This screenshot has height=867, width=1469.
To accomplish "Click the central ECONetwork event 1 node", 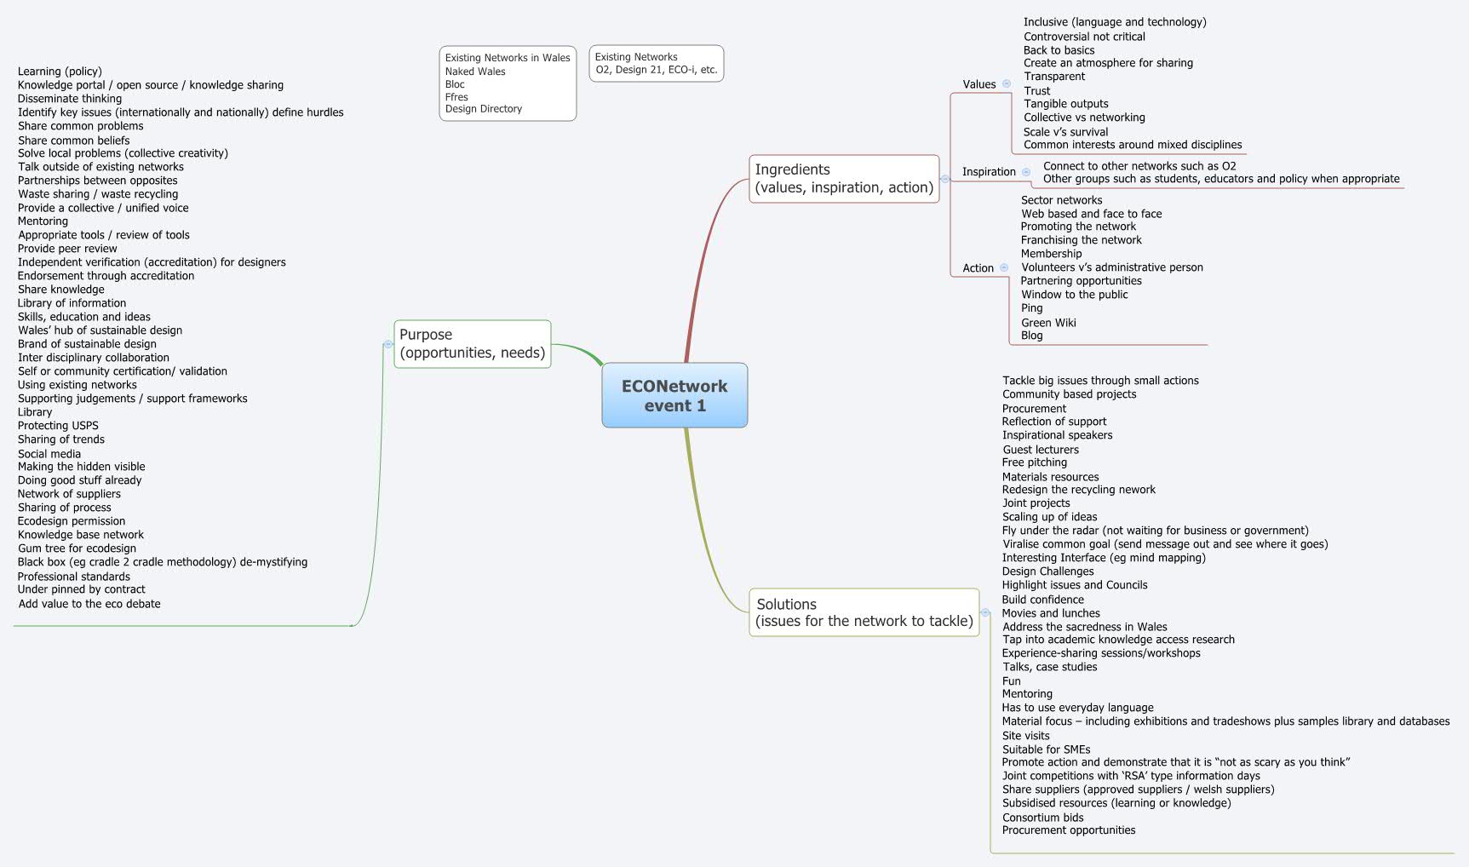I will pos(674,395).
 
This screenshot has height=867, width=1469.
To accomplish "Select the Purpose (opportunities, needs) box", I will pos(472,344).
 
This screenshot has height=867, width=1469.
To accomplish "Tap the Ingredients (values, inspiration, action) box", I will pos(844,179).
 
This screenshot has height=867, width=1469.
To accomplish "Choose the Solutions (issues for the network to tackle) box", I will pos(864,612).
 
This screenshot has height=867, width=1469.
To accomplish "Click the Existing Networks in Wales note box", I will pos(508,83).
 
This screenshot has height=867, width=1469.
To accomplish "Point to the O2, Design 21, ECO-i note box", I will pos(656,64).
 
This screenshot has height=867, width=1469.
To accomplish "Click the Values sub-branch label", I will pos(978,84).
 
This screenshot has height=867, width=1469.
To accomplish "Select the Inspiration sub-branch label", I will pos(989,172).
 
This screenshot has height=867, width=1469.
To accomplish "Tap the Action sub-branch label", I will pos(978,268).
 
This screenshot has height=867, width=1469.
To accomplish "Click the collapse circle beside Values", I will pos(1007,83).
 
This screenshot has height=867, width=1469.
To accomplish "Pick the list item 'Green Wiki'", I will pos(1048,323).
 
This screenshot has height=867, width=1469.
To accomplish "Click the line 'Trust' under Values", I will pos(1036,91).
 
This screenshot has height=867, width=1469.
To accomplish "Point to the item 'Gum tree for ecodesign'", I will pos(77,548).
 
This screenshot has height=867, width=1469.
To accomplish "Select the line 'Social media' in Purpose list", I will pos(49,454).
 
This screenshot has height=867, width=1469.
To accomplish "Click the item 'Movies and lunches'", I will pos(1051,613).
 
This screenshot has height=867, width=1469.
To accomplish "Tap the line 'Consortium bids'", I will pos(1042,818).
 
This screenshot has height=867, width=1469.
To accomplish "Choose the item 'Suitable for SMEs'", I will pos(1046,749).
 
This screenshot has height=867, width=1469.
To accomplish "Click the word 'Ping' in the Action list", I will pos(1031,308).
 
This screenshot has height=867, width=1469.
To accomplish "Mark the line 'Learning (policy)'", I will pos(60,72).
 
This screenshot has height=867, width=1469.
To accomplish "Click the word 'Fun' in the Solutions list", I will pos(1011,681).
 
